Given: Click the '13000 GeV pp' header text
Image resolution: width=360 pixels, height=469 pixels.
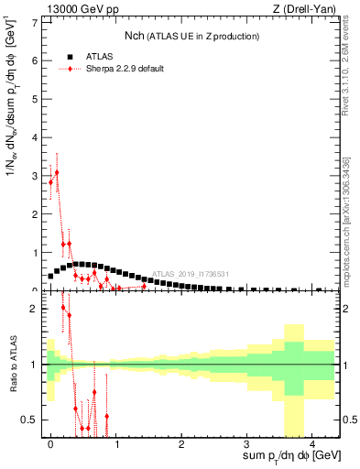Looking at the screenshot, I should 81,10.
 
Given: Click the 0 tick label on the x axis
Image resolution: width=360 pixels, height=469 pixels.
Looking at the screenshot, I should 50,443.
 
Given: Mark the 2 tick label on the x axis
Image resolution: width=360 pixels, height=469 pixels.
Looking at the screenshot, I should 181,443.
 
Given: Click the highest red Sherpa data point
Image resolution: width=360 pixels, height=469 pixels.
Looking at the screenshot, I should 57,172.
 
